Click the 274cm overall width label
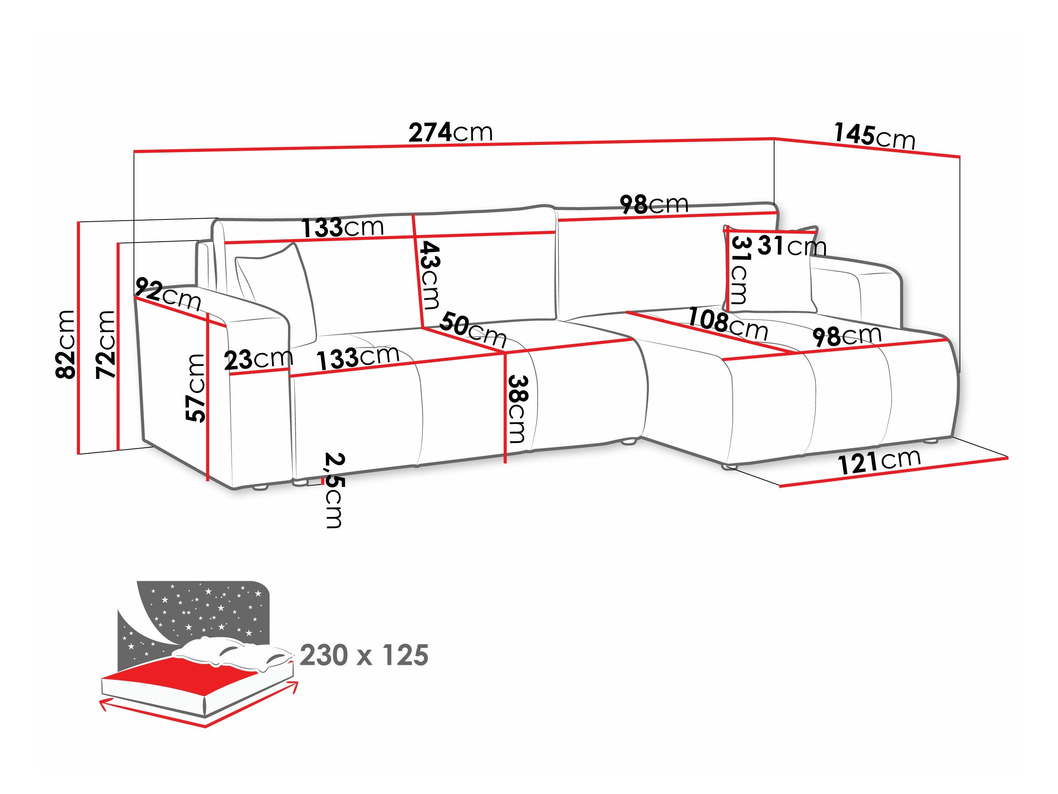(x=450, y=133)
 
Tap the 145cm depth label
(x=874, y=136)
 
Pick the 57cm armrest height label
(x=195, y=388)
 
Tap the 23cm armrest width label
(x=258, y=359)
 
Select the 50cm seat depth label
(x=473, y=329)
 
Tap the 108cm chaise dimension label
(x=727, y=324)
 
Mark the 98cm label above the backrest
(x=654, y=204)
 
